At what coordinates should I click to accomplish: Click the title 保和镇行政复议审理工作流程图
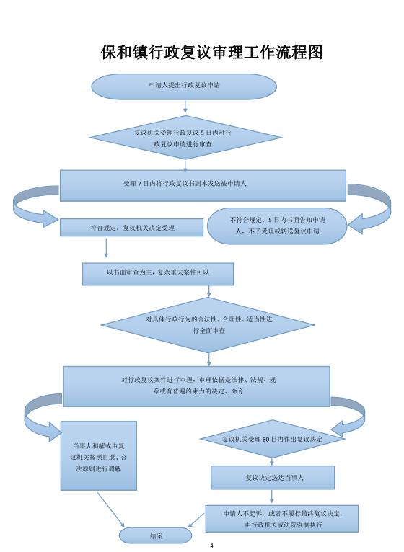(x=211, y=53)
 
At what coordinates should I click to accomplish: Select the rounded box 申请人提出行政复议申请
(x=184, y=85)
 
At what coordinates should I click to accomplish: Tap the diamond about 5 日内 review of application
(x=184, y=138)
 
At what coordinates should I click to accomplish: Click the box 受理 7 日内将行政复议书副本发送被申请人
(x=203, y=184)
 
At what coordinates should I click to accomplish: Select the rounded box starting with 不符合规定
(x=278, y=225)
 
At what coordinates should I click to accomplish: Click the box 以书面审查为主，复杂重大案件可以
(x=158, y=274)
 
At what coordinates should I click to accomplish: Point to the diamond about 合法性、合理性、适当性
(x=209, y=324)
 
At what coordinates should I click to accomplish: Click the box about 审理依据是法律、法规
(x=196, y=386)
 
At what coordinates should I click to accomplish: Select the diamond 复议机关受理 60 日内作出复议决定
(x=272, y=438)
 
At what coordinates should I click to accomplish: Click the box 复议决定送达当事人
(x=272, y=477)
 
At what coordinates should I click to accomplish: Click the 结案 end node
(x=156, y=536)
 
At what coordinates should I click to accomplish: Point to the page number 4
(x=211, y=546)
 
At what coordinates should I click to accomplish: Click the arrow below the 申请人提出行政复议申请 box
(x=185, y=107)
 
